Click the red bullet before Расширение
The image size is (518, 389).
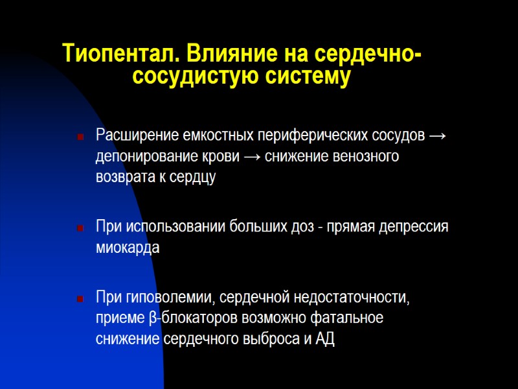80,137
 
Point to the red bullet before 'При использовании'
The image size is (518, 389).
80,228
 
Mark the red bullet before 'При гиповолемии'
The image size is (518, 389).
80,299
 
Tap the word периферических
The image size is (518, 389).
312,136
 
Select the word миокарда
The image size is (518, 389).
128,248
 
